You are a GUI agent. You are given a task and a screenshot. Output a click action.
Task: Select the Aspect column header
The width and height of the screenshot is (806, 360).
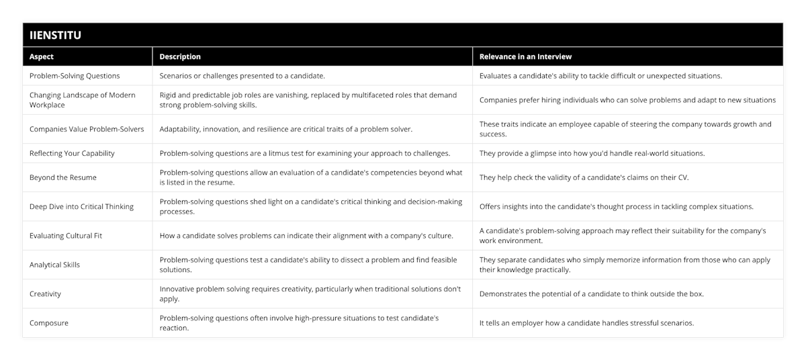[x=42, y=57]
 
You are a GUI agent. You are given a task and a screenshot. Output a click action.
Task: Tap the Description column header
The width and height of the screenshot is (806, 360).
[x=180, y=57]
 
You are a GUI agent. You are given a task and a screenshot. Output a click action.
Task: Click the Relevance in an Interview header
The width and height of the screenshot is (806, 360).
[x=525, y=57]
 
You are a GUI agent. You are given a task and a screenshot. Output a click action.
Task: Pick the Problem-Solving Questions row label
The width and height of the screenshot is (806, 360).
[x=75, y=76]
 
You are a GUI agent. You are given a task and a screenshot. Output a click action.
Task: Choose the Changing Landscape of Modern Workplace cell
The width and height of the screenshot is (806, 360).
[x=83, y=100]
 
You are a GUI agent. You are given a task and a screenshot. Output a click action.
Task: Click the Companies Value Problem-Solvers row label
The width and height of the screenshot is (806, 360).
[x=87, y=129]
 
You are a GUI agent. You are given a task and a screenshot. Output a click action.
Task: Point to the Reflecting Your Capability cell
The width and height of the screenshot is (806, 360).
[x=72, y=153]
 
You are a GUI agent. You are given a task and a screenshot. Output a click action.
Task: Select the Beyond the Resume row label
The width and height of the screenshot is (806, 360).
[x=63, y=177]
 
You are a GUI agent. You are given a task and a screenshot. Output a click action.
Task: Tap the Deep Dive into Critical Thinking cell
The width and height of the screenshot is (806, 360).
[x=81, y=206]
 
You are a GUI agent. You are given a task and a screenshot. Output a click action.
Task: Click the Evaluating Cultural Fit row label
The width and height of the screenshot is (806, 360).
[x=66, y=236]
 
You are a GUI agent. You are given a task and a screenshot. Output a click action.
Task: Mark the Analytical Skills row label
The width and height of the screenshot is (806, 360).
[x=54, y=265]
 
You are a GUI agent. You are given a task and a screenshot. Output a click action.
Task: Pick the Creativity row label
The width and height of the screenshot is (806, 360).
[x=46, y=294]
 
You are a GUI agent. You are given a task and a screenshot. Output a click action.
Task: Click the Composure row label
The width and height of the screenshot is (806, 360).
[x=49, y=323]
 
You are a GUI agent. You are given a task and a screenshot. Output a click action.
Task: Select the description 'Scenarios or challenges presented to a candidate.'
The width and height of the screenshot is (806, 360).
[x=242, y=76]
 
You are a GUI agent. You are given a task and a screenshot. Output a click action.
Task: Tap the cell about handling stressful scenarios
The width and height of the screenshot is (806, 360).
[x=586, y=323]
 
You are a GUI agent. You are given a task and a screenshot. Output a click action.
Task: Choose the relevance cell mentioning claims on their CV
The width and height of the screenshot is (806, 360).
[x=582, y=177]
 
